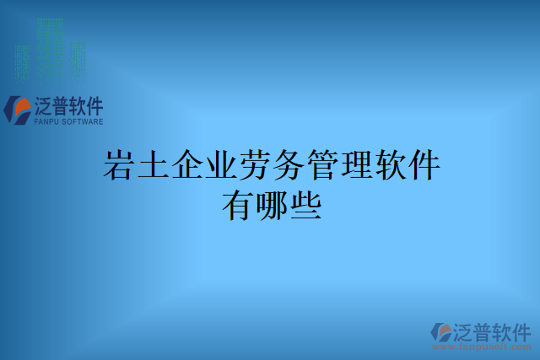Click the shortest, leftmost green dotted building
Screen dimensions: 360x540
(23, 59)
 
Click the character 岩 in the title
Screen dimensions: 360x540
(120, 164)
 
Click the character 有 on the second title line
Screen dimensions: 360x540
(237, 205)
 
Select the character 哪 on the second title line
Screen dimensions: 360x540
(271, 205)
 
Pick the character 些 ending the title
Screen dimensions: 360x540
(305, 205)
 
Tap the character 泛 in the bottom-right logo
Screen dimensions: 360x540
(467, 330)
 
